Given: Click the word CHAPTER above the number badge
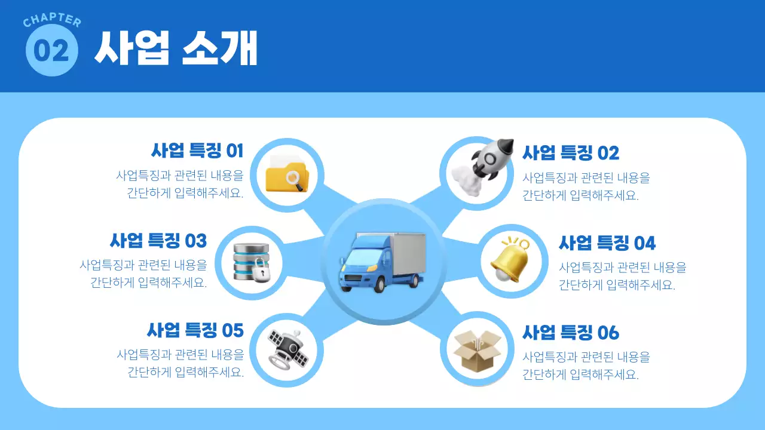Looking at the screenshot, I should tap(52, 21).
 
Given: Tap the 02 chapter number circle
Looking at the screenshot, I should tap(52, 51).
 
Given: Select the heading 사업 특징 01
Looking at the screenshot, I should tap(197, 150).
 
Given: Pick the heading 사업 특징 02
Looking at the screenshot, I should tap(571, 153).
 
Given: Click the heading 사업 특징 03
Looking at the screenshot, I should tap(158, 241).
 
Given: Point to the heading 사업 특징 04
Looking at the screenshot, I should tap(607, 243).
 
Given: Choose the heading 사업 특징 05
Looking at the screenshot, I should tap(195, 330).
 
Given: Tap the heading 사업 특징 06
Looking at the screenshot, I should tap(571, 332).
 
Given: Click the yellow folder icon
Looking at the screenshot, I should tap(287, 174).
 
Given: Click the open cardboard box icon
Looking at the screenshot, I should tap(476, 351).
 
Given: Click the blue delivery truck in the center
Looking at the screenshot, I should tap(382, 262).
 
